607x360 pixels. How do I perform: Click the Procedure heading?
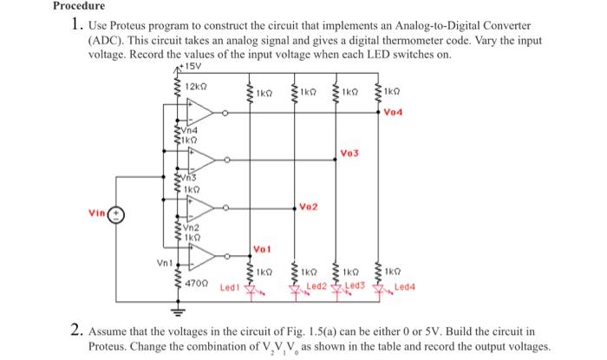pos(77,6)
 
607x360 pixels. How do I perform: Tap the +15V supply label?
pos(183,63)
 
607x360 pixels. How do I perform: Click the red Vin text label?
pos(97,211)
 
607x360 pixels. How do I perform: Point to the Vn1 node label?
pos(162,259)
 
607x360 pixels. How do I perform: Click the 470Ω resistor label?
pos(197,283)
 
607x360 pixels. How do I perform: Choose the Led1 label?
pos(229,286)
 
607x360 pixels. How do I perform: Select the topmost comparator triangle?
pos(199,112)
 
